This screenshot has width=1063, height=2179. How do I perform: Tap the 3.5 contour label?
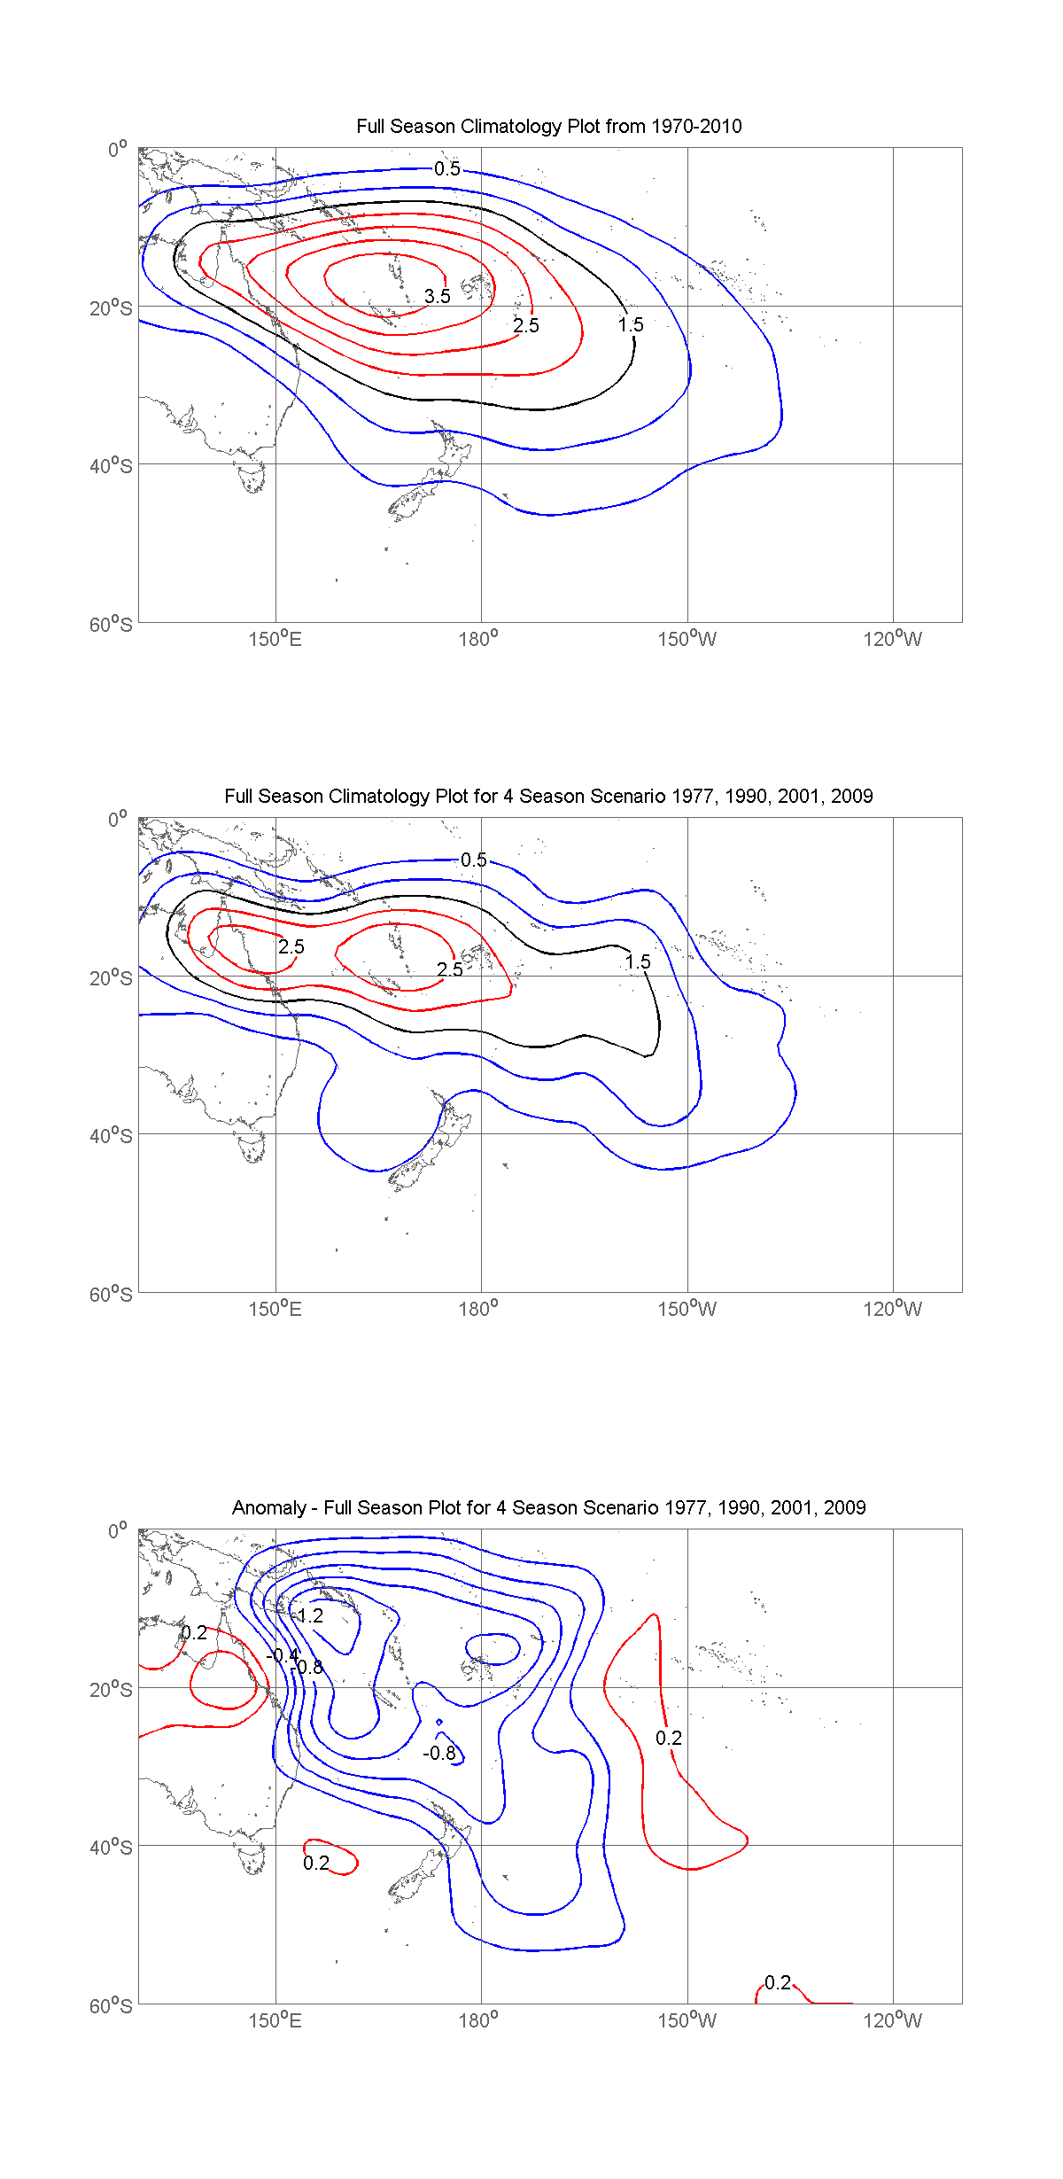438,297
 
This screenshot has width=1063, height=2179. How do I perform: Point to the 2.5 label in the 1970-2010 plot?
526,326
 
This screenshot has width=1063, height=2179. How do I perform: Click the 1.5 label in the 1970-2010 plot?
631,325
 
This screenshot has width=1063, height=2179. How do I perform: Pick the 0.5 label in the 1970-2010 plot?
447,169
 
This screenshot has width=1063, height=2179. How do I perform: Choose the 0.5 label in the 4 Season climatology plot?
474,860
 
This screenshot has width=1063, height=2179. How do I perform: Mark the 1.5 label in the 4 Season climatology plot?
638,962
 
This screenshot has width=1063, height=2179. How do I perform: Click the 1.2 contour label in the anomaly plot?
309,1616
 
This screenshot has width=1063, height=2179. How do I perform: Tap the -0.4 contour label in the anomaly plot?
283,1656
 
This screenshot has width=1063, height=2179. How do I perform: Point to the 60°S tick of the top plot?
111,625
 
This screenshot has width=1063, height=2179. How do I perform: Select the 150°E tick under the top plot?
275,640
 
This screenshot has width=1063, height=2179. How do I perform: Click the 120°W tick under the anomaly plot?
892,2021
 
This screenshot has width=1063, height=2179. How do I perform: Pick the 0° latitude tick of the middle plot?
118,820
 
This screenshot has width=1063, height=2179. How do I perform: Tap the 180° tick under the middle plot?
478,1310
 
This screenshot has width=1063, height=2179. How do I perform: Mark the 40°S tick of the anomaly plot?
111,1848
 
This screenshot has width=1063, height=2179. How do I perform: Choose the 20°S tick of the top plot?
111,308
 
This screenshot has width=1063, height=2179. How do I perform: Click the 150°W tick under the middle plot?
687,1310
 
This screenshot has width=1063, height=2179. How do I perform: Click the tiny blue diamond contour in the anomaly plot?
439,1722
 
